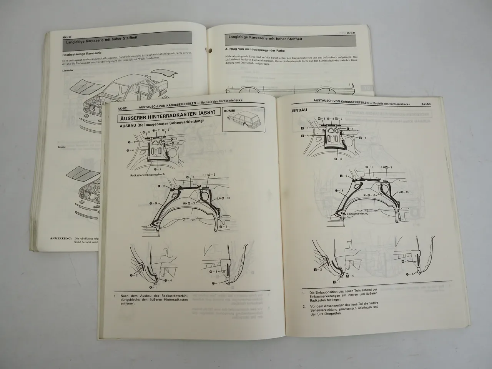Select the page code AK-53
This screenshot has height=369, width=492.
click(x=429, y=104)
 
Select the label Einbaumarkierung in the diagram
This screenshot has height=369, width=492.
click(x=357, y=213)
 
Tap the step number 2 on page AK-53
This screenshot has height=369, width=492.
click(x=304, y=306)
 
